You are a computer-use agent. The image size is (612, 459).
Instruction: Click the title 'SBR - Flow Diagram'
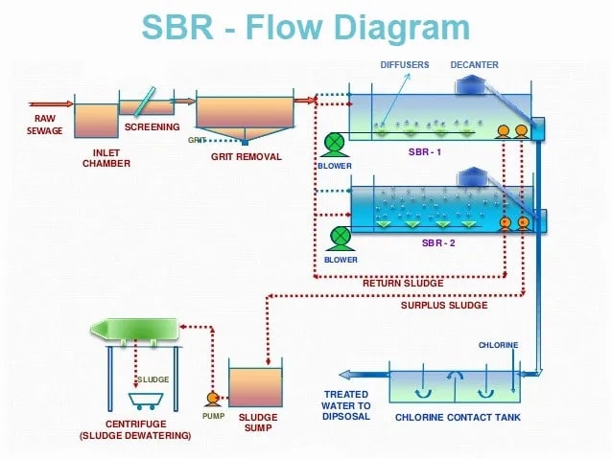[305, 28]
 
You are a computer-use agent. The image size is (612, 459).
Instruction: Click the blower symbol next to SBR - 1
[334, 144]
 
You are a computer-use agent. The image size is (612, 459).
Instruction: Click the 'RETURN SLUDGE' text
[403, 284]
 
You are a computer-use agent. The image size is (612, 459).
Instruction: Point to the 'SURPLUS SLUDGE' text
[444, 306]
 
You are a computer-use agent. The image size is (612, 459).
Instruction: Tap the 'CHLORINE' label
[499, 345]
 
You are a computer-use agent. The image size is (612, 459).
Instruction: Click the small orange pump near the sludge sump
[213, 398]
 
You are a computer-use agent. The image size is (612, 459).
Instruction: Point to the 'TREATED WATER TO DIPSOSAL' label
[346, 405]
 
